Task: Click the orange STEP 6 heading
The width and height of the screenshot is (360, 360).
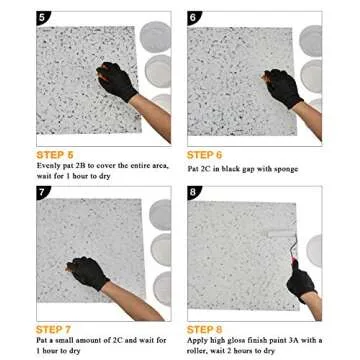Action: pos(204,155)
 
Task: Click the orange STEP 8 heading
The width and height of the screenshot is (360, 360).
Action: pos(204,328)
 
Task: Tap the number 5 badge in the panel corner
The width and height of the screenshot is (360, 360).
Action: pos(14,18)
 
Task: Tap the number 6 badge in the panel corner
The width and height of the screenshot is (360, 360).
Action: pos(194,18)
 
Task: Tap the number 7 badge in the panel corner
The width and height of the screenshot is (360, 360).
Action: pos(14,191)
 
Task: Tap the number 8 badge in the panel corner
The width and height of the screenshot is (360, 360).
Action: pos(194,191)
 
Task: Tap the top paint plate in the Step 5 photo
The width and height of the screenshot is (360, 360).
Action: pos(155,38)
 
